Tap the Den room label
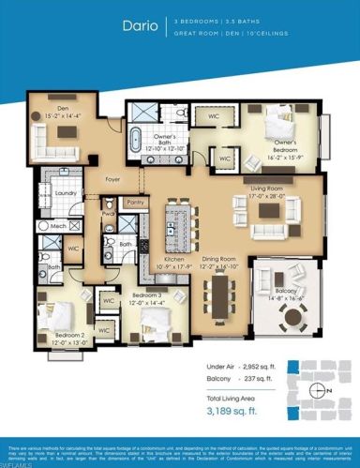tap(61, 110)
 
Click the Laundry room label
tap(65, 193)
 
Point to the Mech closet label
tap(58, 227)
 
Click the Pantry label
tap(135, 201)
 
